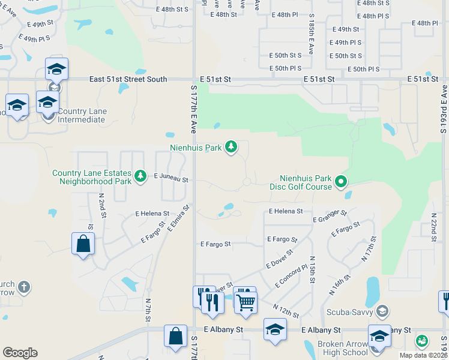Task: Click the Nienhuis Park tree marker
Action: pos(231,147)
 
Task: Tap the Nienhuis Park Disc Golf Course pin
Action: pos(341,180)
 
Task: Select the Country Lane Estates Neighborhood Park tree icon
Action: pos(140,176)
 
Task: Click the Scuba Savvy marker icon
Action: pos(382,311)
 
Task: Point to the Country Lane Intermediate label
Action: pos(82,115)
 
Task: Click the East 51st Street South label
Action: pos(128,79)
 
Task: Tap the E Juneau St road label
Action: pos(171,178)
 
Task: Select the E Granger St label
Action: pos(330,217)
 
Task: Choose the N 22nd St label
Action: pos(433,224)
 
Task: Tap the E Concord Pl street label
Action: pos(291,275)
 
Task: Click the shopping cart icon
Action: pos(246,303)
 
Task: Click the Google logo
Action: pos(20,353)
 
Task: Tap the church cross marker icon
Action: pos(23,286)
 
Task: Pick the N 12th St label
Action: pos(285,311)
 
